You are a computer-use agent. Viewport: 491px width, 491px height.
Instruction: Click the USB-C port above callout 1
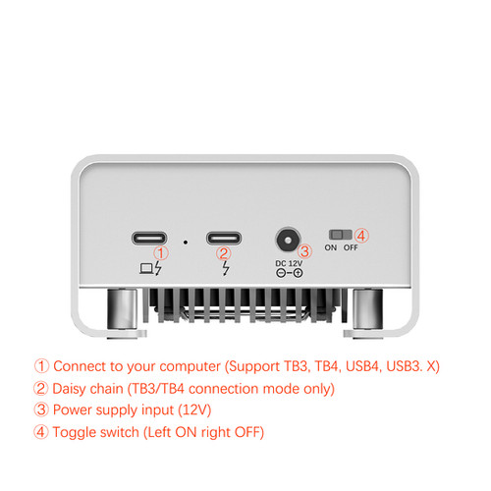[149, 238]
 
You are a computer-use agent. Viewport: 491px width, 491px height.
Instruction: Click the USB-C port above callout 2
[224, 238]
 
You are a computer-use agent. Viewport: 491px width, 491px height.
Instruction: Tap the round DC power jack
[288, 240]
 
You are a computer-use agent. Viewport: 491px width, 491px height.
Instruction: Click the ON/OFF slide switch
[341, 235]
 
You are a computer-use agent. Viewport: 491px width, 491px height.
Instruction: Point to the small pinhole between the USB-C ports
[186, 243]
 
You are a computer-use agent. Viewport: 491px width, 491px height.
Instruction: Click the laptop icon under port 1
[146, 269]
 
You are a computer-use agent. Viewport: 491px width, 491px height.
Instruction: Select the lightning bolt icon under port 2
[226, 268]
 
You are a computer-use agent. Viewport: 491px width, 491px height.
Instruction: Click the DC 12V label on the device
[289, 263]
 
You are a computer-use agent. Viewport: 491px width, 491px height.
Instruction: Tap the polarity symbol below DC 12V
[289, 273]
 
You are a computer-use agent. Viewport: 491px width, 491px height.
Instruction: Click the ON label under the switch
[331, 247]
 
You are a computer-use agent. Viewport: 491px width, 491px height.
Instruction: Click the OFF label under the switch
[351, 247]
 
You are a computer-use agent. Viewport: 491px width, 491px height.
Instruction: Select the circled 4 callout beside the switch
[361, 236]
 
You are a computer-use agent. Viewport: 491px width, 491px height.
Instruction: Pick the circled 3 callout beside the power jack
[304, 251]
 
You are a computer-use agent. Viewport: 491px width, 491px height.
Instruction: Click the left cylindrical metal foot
[122, 309]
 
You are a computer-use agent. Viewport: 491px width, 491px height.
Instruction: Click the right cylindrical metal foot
[368, 309]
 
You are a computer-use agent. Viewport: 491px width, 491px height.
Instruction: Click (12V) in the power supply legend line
[194, 410]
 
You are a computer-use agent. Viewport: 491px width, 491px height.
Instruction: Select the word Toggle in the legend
[74, 433]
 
